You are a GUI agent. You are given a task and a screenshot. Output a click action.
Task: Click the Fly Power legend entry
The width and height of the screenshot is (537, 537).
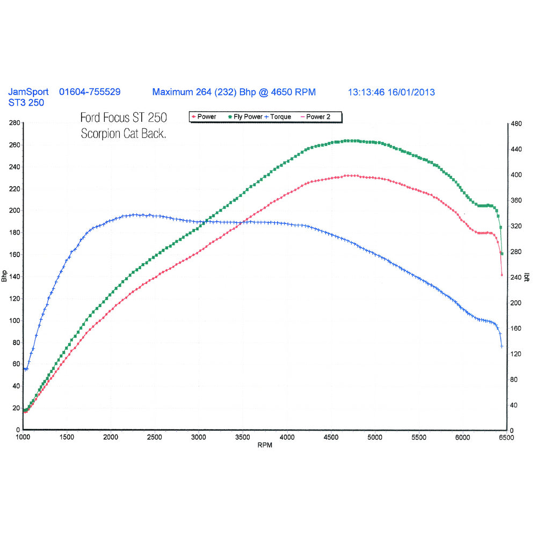[246, 117]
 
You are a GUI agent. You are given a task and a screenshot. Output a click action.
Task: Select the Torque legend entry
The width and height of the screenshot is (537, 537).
[279, 117]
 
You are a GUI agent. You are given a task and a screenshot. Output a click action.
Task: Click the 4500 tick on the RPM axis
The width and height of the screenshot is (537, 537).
[330, 438]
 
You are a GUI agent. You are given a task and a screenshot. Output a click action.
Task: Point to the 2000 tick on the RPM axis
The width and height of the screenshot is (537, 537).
[111, 438]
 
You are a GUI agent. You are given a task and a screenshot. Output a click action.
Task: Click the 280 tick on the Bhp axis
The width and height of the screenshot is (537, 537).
[13, 123]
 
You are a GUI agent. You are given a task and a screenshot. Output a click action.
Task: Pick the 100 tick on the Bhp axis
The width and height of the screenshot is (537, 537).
[13, 321]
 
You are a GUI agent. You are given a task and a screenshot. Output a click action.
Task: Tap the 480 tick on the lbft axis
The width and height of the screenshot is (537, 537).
[516, 124]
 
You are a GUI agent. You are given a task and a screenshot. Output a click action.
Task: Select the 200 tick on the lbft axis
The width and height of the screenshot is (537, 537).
[516, 303]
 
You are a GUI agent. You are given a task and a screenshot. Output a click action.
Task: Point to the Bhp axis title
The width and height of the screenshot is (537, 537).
[5, 277]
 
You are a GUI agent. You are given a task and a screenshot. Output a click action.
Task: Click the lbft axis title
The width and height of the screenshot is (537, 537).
[527, 277]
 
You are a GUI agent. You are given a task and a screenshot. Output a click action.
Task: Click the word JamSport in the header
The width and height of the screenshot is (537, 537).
[28, 92]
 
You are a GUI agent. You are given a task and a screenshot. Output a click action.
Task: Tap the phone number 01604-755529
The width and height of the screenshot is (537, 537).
[90, 92]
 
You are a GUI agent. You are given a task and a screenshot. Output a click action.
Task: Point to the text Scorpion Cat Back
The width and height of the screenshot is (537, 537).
[124, 134]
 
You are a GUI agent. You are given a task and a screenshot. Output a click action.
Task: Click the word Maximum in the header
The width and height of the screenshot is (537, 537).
[171, 92]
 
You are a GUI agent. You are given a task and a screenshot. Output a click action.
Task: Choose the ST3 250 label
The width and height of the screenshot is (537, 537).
[26, 103]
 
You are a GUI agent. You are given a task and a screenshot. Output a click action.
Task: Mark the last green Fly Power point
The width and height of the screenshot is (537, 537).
[502, 253]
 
